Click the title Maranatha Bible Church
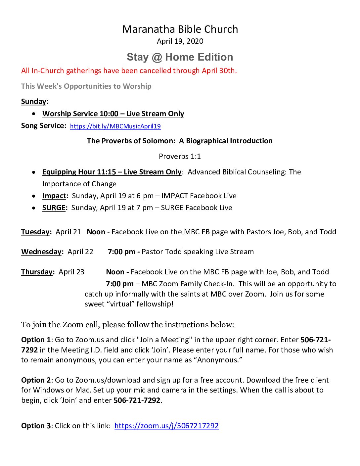[180, 29]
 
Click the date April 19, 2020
[180, 41]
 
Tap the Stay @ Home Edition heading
[180, 57]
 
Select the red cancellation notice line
[129, 70]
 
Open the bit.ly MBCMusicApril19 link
[115, 126]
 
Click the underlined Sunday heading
[34, 101]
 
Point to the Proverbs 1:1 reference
[180, 156]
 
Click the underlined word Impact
[54, 196]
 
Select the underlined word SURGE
[54, 208]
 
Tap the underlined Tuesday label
[35, 232]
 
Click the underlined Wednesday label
[41, 252]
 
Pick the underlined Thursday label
[37, 272]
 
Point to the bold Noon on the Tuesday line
[96, 232]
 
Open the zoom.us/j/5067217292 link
[166, 426]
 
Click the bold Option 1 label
[36, 340]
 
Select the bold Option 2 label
[36, 380]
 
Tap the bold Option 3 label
[36, 426]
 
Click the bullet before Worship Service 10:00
[34, 114]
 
